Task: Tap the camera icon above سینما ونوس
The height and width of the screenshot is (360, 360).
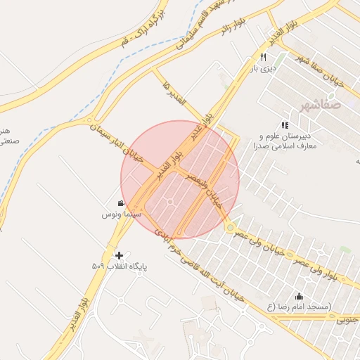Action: (121, 203)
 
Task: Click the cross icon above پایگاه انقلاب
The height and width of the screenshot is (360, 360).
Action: (119, 255)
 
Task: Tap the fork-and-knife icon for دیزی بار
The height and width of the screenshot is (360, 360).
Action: (264, 57)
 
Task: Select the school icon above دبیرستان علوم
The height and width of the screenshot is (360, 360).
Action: (285, 124)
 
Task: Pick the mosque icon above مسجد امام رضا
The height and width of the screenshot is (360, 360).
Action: (299, 296)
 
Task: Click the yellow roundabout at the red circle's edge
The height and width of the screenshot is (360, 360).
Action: (230, 226)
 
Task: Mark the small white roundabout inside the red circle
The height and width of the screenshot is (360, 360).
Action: (171, 202)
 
